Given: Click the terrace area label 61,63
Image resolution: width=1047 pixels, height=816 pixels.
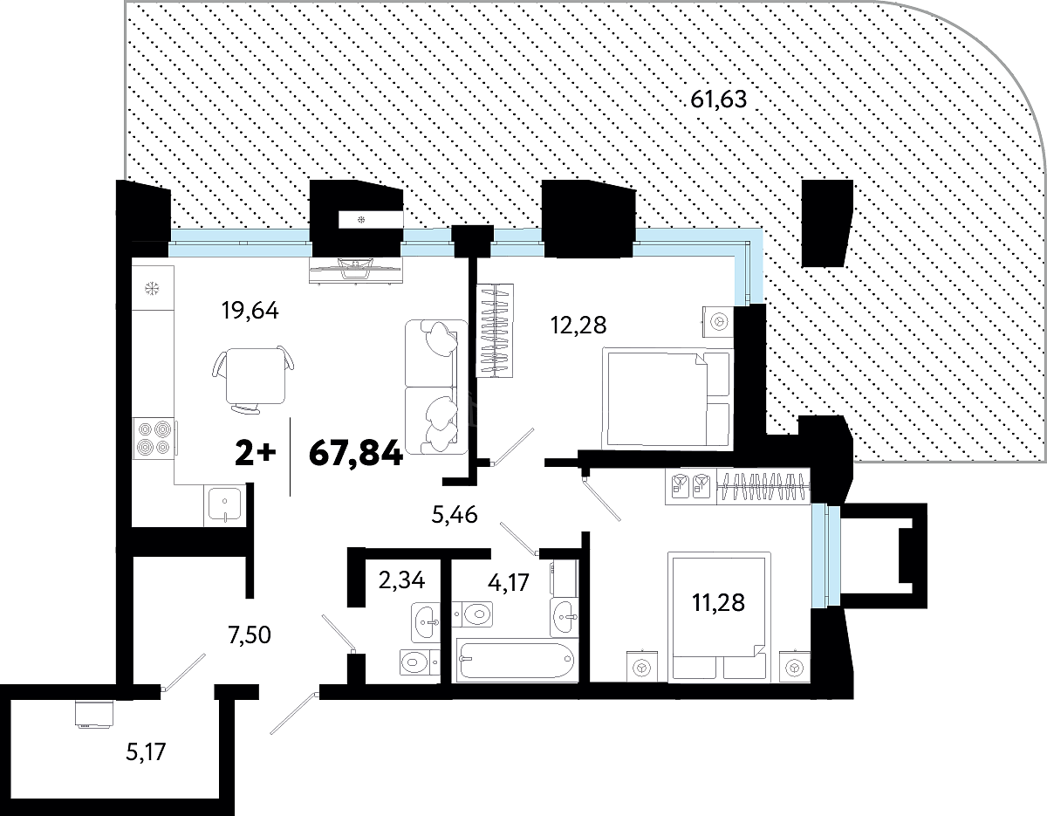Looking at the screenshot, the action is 718,99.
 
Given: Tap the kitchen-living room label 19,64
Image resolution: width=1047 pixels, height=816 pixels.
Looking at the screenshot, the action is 250,311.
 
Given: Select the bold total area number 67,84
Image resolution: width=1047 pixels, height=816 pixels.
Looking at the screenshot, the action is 356,454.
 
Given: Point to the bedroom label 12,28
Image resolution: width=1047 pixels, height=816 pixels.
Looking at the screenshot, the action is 578,326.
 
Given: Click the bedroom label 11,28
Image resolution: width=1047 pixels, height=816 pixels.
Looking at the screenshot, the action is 718,602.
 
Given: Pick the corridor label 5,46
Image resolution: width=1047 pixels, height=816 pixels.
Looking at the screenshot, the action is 455,515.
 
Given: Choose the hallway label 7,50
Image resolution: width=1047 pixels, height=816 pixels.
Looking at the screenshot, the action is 250,635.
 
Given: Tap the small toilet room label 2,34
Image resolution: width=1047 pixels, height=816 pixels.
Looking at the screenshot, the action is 402,580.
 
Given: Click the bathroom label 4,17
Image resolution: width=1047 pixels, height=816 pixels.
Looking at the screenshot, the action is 509,582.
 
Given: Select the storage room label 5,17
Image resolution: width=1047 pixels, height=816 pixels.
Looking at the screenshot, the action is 146,751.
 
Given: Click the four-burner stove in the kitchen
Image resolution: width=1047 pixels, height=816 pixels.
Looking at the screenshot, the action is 154,438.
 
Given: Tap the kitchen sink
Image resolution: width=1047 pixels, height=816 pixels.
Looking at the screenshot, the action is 225,505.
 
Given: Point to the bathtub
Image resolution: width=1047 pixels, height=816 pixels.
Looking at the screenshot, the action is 517,660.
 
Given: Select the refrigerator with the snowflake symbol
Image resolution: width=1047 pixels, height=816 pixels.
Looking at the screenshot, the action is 154,289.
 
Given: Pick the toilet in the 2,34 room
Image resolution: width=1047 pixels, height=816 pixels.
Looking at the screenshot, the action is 420,662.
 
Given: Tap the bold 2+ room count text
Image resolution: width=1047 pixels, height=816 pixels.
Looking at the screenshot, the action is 256,454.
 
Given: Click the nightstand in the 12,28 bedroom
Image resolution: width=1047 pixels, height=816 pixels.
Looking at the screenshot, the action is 718,321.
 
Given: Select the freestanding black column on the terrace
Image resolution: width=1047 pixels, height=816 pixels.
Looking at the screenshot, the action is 827,223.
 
